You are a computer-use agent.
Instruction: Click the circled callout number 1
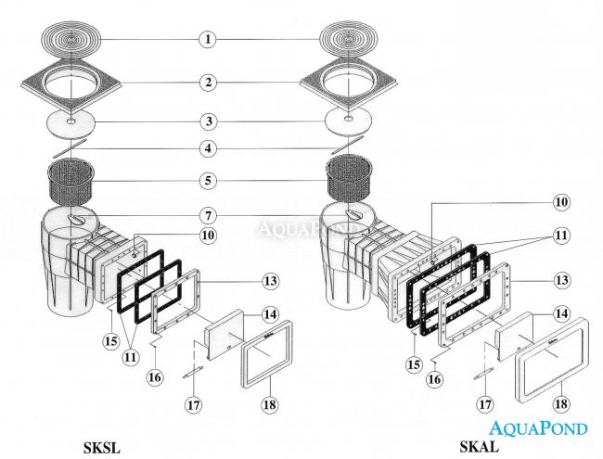coord(211,39)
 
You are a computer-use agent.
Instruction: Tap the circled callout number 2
coord(211,83)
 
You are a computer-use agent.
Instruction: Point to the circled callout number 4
coord(211,147)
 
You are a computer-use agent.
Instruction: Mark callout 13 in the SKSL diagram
coord(269,280)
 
